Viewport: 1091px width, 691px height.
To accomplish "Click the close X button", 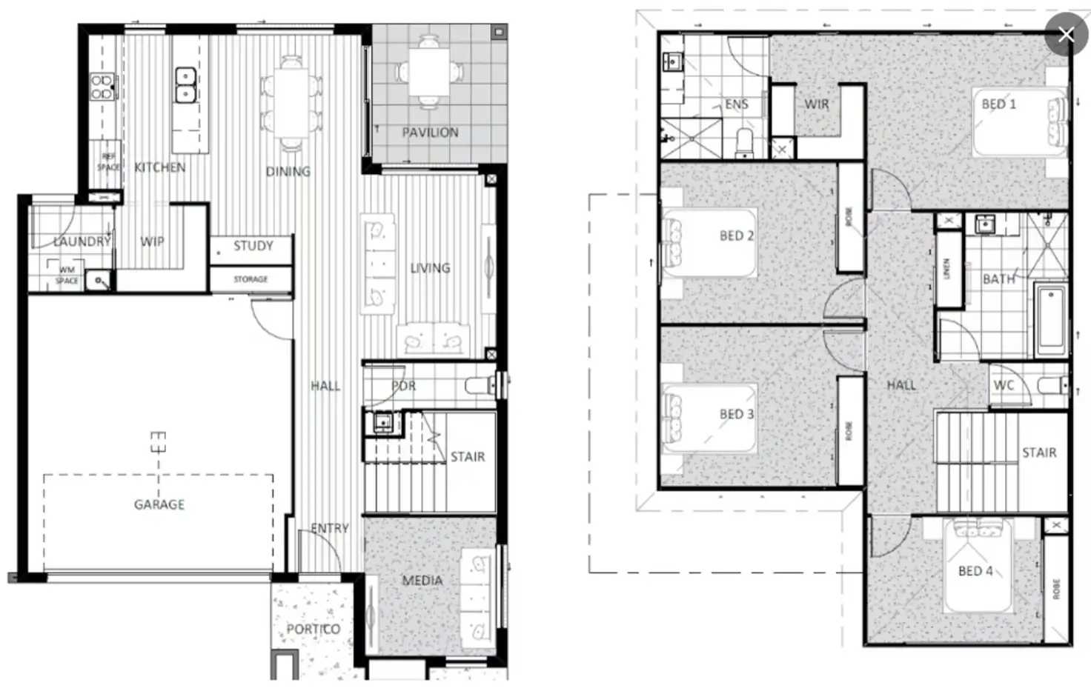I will pos(1066,34).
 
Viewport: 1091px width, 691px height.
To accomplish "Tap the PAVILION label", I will pos(430,133).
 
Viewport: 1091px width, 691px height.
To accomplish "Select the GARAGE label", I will pos(159,504).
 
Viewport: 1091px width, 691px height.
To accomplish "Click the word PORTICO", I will pos(314,629).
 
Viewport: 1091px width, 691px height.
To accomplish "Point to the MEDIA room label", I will pos(422,581).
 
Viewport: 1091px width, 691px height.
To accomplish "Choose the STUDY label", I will pos(253,246).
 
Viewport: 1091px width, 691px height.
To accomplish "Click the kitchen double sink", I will pos(185,85).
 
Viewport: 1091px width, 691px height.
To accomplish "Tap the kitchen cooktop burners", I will pos(102,87).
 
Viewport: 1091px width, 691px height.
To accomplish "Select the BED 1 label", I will pos(998,104).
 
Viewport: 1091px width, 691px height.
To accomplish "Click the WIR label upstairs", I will pos(816,104).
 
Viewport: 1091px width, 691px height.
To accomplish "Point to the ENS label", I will pos(736,104).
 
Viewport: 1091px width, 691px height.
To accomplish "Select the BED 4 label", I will pos(975,571).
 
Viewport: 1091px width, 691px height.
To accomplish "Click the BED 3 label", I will pos(736,414).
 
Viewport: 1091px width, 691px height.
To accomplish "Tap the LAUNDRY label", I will pos(82,241).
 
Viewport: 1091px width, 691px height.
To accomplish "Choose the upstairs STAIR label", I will pos(1038,453).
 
